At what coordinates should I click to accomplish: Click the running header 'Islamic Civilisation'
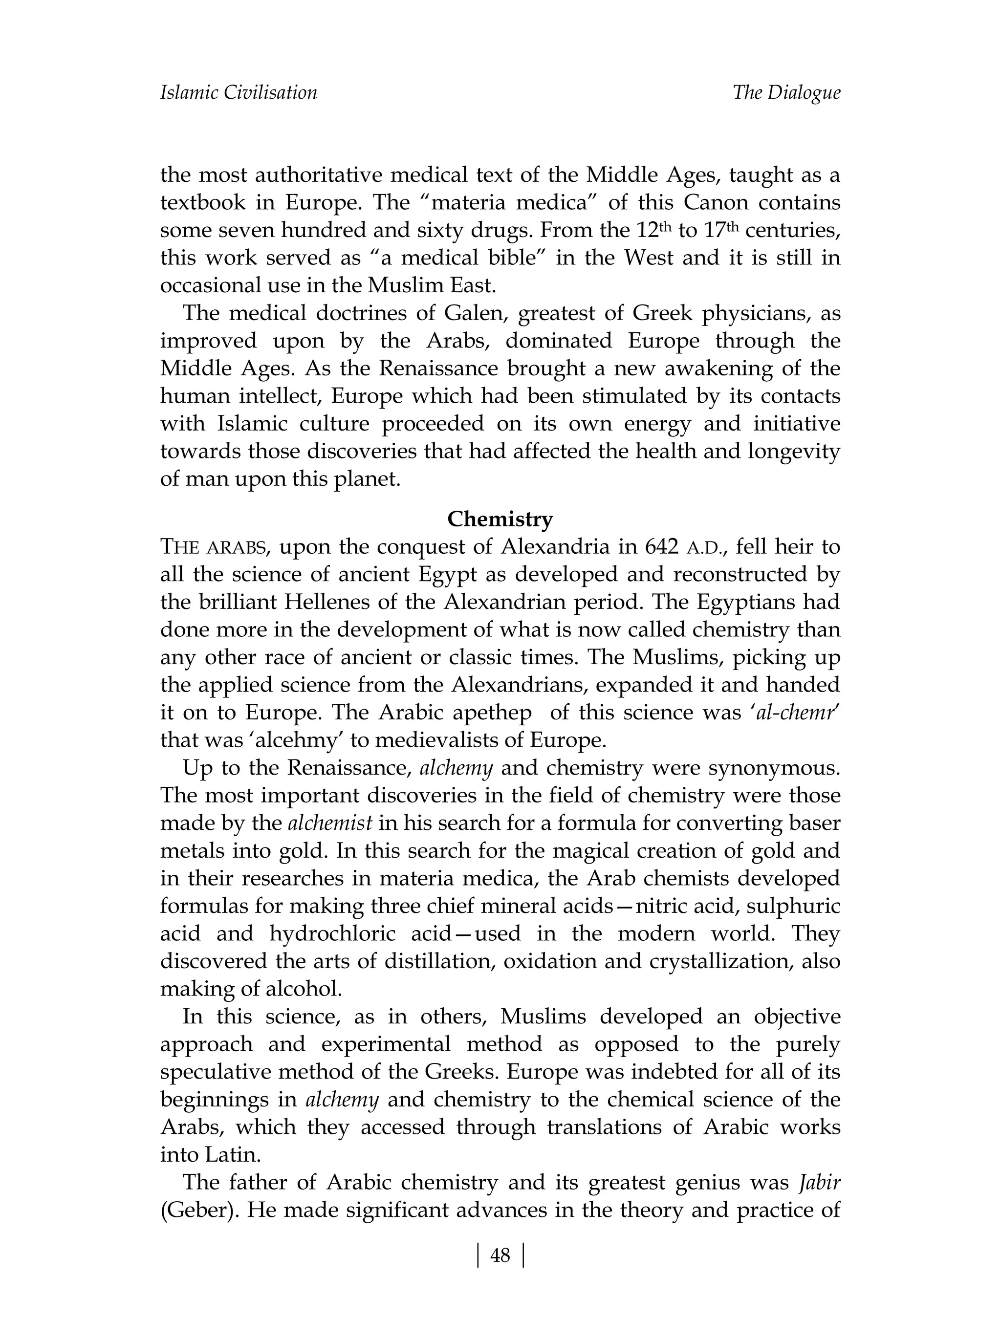[x=239, y=92]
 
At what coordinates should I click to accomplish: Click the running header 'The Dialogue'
[x=786, y=92]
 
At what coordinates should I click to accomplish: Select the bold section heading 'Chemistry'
[x=500, y=519]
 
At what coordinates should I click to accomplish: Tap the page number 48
[x=500, y=1256]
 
